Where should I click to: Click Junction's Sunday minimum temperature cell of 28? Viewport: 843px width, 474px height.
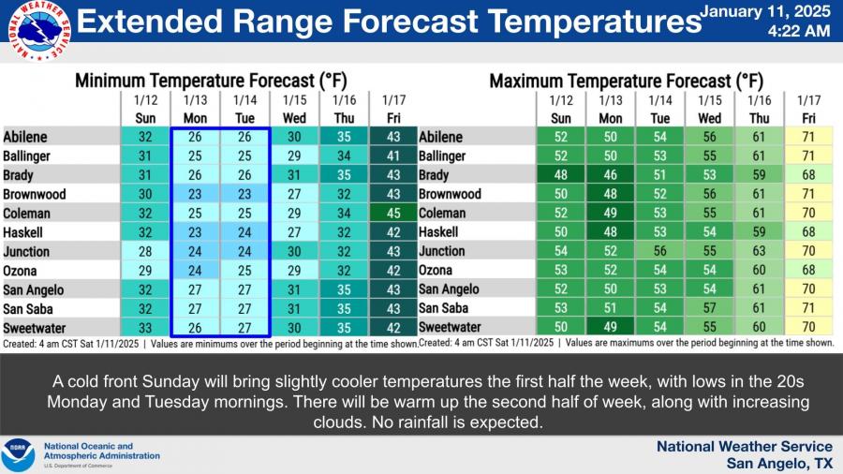click(x=145, y=251)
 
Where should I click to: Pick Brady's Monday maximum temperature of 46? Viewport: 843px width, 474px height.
click(x=610, y=175)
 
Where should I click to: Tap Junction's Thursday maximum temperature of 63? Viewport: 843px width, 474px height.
click(x=760, y=251)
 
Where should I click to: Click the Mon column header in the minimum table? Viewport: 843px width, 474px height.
click(x=195, y=118)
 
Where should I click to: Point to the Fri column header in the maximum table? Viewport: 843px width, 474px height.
click(x=807, y=118)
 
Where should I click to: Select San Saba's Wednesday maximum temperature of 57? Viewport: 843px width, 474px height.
click(x=709, y=308)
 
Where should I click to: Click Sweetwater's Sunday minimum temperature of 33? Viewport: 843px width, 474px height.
click(x=145, y=328)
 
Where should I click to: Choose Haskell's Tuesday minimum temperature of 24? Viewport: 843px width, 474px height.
click(x=244, y=232)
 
